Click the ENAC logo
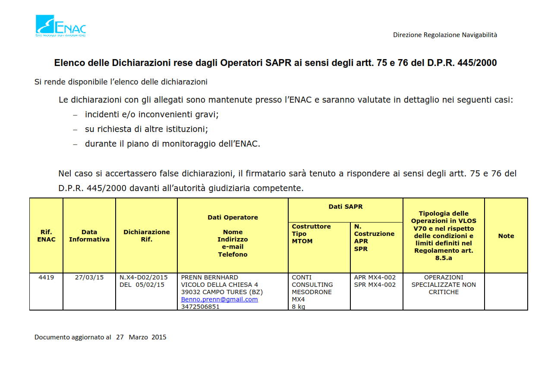tap(60, 26)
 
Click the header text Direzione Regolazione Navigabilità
tap(445, 35)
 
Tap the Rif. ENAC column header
tap(46, 235)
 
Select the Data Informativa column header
tap(89, 235)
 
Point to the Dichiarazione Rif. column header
tap(146, 235)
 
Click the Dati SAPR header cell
tap(345, 207)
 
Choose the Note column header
tap(506, 236)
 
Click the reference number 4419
tap(46, 277)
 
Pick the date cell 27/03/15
tap(89, 277)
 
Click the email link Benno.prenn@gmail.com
tap(219, 299)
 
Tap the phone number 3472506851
tap(200, 307)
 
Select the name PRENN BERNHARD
tap(209, 277)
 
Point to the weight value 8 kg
tap(299, 307)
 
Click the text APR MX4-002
tap(375, 277)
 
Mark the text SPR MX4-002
tap(375, 285)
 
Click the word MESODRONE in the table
tap(312, 292)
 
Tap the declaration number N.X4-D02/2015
tap(143, 277)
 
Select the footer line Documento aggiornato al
tap(100, 337)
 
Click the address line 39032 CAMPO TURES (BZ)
tap(222, 292)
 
